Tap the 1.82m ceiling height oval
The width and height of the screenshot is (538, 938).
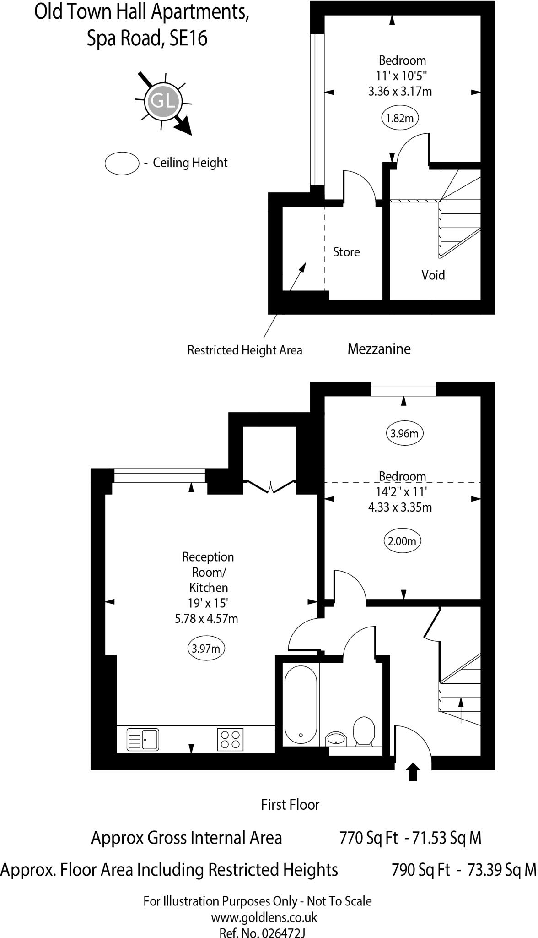400,118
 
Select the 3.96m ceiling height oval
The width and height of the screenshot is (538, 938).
404,433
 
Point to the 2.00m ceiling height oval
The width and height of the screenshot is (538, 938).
402,541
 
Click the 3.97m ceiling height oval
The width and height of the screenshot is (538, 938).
206,649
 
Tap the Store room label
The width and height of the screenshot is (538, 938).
346,252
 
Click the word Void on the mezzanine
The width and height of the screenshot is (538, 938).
433,275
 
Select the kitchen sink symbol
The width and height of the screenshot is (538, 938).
144,739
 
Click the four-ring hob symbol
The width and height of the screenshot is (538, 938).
230,739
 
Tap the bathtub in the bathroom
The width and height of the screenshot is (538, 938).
301,706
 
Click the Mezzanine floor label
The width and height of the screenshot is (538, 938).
379,349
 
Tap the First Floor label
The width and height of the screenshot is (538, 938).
290,804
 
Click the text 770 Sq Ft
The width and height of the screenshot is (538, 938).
369,838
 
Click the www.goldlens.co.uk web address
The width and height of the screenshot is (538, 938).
264,917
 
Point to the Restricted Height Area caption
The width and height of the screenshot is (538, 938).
245,350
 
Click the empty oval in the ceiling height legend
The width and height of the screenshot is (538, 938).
122,163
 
